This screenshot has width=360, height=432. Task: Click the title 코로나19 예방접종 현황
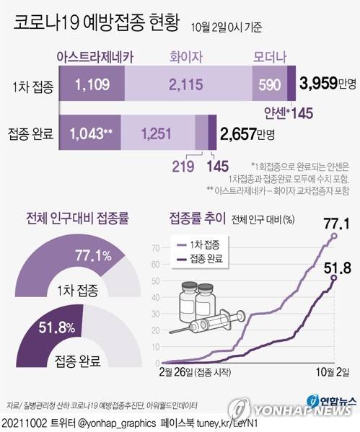pos(97,25)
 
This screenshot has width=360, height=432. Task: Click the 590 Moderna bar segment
pos(269,85)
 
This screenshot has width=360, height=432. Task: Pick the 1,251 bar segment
pos(157,133)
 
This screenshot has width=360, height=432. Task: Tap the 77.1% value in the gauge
pos(93,255)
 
